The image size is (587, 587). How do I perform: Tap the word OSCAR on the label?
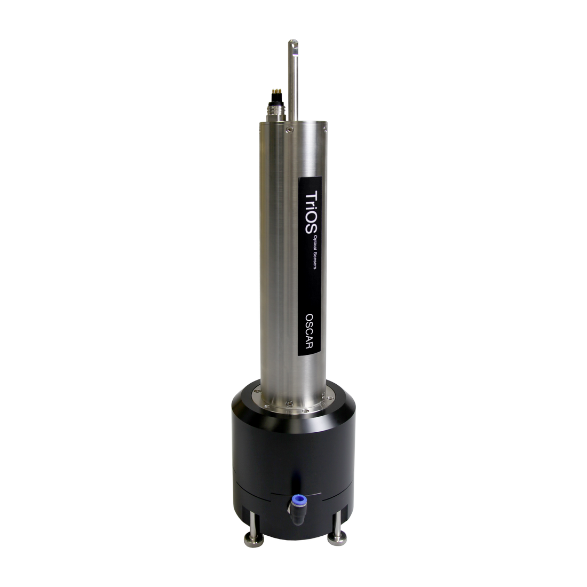click(x=309, y=331)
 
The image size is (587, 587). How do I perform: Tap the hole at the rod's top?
click(x=294, y=45)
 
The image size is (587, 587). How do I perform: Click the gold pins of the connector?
click(x=276, y=91)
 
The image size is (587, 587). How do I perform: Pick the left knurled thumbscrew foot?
click(x=253, y=541)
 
